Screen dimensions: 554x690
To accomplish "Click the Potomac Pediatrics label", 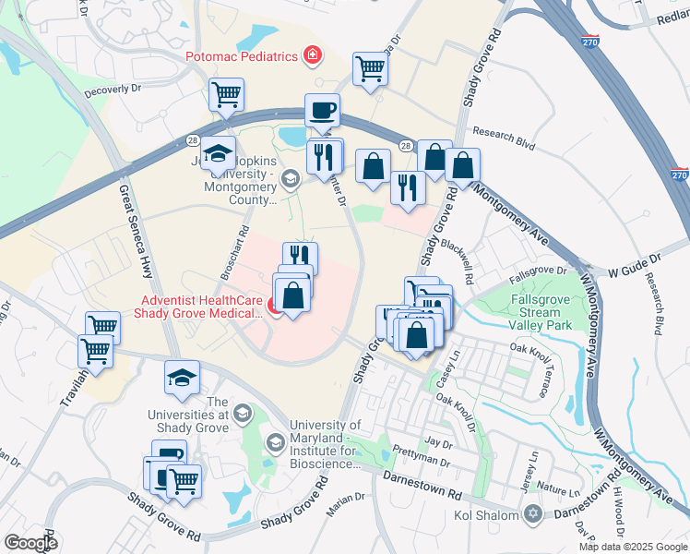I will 242,56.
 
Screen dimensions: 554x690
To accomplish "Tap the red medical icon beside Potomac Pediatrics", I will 314,56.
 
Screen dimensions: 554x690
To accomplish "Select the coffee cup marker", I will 322,111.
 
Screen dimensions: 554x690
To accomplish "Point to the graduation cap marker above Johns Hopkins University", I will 219,153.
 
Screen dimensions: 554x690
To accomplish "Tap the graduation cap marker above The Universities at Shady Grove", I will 182,379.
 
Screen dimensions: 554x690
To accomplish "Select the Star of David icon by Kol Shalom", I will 532,513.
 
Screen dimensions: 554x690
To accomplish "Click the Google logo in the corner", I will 30,542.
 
